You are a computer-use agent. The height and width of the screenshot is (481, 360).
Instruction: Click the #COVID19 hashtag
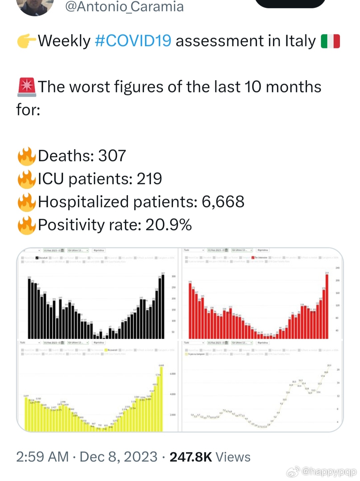click(x=133, y=41)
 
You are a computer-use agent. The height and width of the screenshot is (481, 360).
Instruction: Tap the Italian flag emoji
click(x=330, y=41)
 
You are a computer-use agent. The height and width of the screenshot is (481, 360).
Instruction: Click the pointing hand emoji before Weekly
click(x=27, y=41)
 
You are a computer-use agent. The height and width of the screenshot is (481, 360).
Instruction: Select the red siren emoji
click(x=27, y=87)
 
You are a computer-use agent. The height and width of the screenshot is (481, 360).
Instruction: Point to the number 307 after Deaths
click(x=112, y=156)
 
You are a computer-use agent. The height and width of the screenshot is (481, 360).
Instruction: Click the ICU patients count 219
click(x=149, y=179)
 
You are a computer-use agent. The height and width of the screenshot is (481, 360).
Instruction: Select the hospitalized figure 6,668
click(x=223, y=202)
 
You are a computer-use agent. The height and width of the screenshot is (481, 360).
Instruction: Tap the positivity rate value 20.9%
click(x=168, y=225)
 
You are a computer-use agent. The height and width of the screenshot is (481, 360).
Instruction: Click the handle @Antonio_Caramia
click(x=124, y=7)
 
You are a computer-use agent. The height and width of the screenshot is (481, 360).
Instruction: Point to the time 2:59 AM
click(x=42, y=457)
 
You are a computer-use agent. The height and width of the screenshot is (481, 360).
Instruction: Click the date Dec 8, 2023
click(x=118, y=457)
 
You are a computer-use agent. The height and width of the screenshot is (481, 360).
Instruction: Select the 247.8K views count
click(x=191, y=457)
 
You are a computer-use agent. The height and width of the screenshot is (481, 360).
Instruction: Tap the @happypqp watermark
click(x=329, y=471)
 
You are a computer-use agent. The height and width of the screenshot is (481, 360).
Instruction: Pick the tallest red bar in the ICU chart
click(x=327, y=307)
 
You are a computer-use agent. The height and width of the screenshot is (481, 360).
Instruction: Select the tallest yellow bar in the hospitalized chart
click(x=161, y=399)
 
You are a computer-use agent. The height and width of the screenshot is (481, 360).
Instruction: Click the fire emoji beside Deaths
click(x=27, y=156)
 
